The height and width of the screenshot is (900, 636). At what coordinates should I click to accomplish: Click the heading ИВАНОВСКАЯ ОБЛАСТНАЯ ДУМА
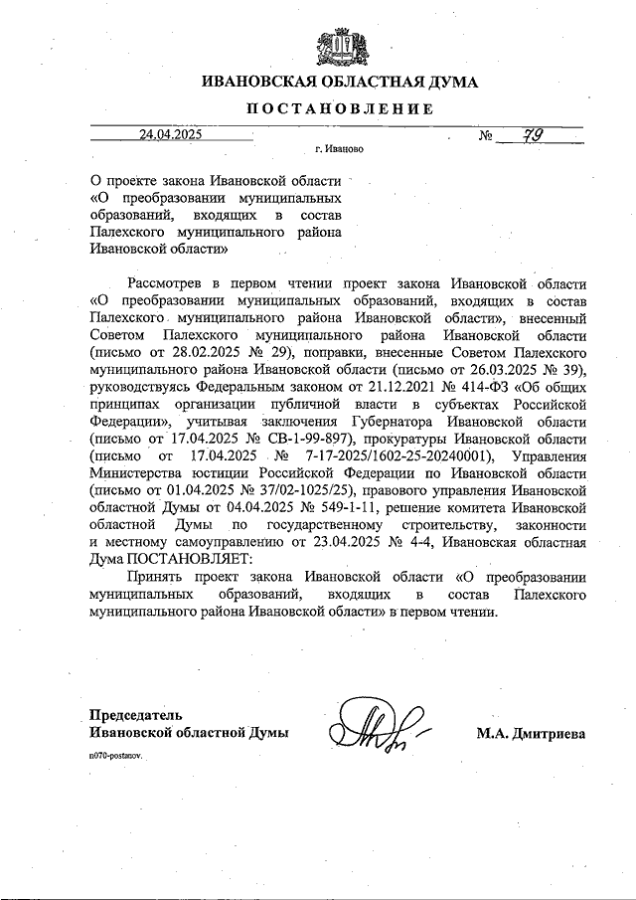point(339,83)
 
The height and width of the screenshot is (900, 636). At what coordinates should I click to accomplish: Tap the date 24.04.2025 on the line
point(170,134)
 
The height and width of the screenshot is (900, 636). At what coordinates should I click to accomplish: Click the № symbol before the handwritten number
point(488,135)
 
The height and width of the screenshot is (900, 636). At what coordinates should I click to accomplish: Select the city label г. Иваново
point(338,150)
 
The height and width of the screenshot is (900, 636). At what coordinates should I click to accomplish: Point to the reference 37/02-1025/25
point(313,490)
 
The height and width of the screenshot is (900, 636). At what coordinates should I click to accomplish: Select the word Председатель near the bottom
point(137,714)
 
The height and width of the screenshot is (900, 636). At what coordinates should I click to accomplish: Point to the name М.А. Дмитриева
point(531,733)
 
